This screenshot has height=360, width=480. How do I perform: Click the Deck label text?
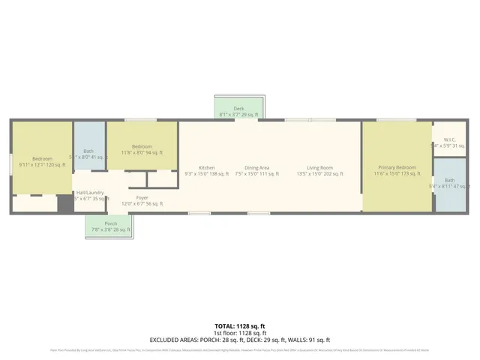point(238,109)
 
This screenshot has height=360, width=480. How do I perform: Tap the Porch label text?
point(110,223)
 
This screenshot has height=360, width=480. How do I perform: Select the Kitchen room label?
point(207,167)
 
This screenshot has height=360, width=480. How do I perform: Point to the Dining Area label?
point(257,167)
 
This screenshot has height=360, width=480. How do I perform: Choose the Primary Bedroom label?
point(397,167)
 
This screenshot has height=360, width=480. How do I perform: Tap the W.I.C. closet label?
point(450,139)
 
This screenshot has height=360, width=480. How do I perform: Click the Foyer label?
point(142,197)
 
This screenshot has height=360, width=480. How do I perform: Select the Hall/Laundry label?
point(89,193)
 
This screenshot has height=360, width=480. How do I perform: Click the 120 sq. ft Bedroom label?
point(42,158)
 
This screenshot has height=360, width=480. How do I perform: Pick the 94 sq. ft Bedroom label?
point(142,146)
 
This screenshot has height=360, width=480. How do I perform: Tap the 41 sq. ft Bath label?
point(88,151)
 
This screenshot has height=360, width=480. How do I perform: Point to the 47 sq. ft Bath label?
point(449,180)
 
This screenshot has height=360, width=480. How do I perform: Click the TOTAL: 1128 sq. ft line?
point(239,325)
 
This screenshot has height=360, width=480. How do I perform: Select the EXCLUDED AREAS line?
point(239,339)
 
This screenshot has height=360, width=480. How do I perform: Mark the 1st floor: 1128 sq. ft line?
point(239,332)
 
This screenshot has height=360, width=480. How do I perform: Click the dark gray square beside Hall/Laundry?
point(65,205)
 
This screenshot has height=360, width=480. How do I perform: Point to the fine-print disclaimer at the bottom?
point(239,349)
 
